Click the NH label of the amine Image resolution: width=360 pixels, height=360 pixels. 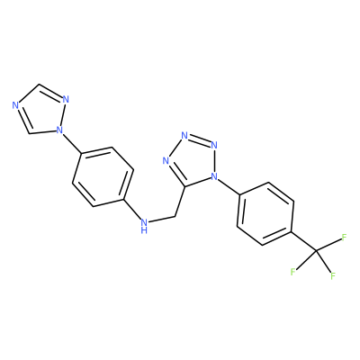click(x=145, y=226)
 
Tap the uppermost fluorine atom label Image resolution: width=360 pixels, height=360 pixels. click(x=344, y=238)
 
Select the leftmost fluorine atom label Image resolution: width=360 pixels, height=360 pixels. click(x=293, y=272)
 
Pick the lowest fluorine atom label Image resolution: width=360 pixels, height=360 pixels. click(x=333, y=275)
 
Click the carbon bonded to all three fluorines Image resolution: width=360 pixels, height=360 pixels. click(x=316, y=250)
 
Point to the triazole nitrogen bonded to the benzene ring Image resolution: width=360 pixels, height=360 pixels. click(x=59, y=130)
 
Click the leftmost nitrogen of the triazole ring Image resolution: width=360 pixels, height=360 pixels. click(x=16, y=105)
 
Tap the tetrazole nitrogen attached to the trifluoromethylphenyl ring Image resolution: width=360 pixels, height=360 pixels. click(x=214, y=176)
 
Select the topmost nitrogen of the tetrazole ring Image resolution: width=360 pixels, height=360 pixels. click(x=184, y=136)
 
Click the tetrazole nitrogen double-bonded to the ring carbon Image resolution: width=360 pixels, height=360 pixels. click(x=166, y=161)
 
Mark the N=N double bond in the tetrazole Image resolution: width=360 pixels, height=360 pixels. click(x=199, y=140)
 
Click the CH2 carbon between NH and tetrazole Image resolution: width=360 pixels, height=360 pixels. click(x=175, y=216)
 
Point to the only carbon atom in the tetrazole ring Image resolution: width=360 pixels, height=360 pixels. click(x=184, y=186)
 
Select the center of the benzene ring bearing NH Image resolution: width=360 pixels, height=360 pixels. click(x=103, y=177)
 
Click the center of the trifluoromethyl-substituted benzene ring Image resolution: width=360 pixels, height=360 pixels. click(x=265, y=213)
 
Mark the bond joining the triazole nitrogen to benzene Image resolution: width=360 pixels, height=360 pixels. click(x=71, y=142)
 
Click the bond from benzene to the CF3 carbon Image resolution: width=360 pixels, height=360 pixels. click(x=303, y=240)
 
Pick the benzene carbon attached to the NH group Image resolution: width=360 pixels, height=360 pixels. click(x=123, y=199)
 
